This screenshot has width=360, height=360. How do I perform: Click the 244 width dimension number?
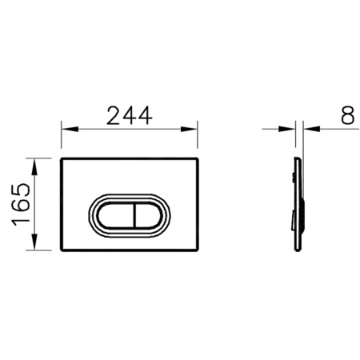click(x=130, y=116)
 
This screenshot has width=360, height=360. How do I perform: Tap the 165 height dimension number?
click(x=22, y=205)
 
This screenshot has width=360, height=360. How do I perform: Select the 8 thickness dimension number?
click(x=348, y=115)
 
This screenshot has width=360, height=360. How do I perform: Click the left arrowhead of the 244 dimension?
click(x=70, y=129)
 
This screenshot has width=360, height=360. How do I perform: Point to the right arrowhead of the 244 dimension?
click(x=189, y=129)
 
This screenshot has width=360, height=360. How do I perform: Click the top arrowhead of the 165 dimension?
click(x=34, y=166)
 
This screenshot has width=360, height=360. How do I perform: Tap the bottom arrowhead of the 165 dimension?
click(x=34, y=242)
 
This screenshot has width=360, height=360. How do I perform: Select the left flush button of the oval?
click(x=116, y=215)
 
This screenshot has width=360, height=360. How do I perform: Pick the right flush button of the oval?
click(x=148, y=215)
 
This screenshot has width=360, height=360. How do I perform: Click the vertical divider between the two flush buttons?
click(x=136, y=215)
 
